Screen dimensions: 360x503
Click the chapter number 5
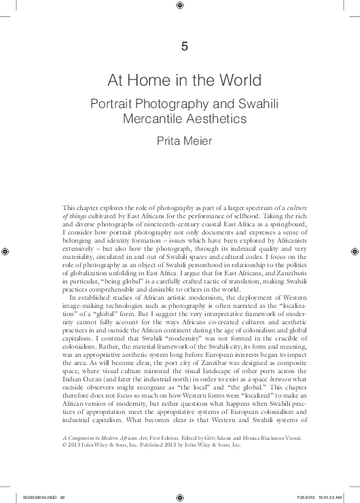point(181,46)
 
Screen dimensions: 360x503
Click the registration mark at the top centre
point(180,7)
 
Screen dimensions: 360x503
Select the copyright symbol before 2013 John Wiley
point(65,446)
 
